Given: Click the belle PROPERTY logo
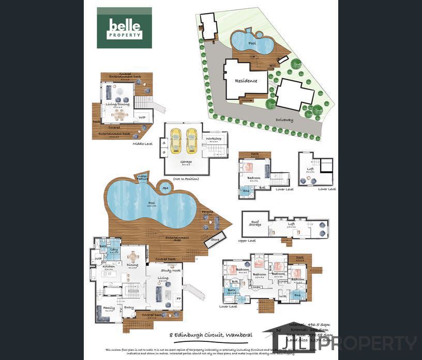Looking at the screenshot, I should [124, 28].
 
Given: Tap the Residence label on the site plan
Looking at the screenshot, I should [246, 81].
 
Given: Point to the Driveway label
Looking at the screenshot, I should [284, 120].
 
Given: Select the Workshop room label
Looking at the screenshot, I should [214, 139].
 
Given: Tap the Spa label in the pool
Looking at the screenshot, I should [166, 188].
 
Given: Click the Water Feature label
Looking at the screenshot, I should [143, 178].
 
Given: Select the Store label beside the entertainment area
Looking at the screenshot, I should [215, 239].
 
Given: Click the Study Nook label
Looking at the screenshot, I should [170, 270].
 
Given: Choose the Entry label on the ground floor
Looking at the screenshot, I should [129, 307].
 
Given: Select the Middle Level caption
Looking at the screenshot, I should [143, 144].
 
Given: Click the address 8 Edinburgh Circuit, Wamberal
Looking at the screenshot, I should [211, 335].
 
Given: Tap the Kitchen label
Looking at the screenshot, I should [109, 266].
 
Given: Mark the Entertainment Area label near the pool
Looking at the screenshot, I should [177, 238].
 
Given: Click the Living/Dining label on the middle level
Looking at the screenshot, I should [118, 104].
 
